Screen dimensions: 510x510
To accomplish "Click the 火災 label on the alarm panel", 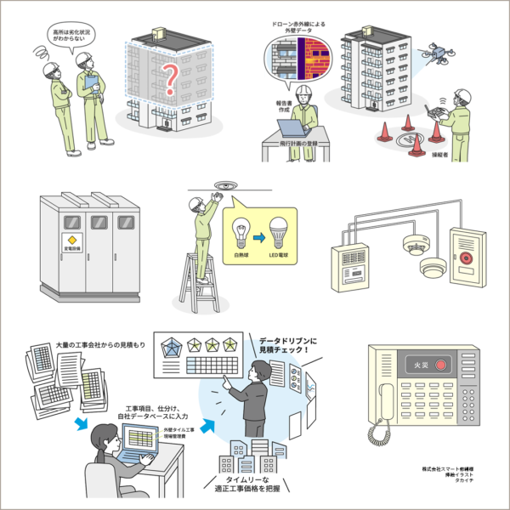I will coord(414,365).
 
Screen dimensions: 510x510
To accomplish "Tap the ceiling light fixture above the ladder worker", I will coord(224,182).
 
